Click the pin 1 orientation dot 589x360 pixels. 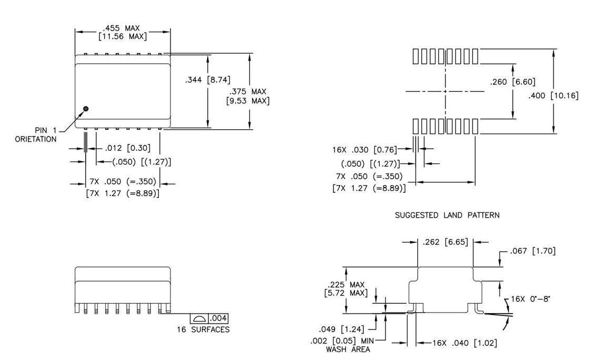[x=86, y=109]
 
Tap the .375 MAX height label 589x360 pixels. [x=248, y=96]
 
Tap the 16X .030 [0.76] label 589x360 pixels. [x=364, y=150]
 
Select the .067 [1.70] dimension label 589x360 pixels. [x=532, y=251]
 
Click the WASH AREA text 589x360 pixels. [x=348, y=349]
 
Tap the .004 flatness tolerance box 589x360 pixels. [x=218, y=319]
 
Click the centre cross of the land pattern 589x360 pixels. [x=445, y=91]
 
